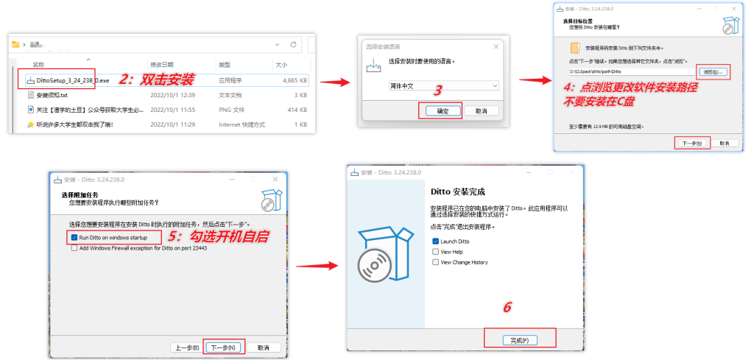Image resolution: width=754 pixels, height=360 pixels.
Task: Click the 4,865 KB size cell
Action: coord(294,80)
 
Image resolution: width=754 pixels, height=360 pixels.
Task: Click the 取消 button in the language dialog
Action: coord(481,110)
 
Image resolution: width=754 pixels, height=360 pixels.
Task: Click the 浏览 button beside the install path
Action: coord(713,71)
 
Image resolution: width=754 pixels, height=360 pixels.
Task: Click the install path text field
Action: coord(630,72)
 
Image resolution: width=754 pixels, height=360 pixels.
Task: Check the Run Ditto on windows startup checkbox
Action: coord(74,238)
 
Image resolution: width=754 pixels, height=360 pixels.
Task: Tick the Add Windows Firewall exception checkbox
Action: coord(74,248)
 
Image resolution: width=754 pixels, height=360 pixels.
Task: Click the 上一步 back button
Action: coord(185,347)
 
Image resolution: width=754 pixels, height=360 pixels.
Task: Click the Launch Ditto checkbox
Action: coord(436,241)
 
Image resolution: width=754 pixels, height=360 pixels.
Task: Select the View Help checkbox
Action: coord(436,251)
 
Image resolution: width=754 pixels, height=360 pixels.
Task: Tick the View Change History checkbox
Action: coord(436,261)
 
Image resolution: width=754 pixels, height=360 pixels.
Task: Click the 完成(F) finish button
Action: coord(519,339)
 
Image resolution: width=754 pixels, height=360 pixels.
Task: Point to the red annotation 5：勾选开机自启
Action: coord(218,237)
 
